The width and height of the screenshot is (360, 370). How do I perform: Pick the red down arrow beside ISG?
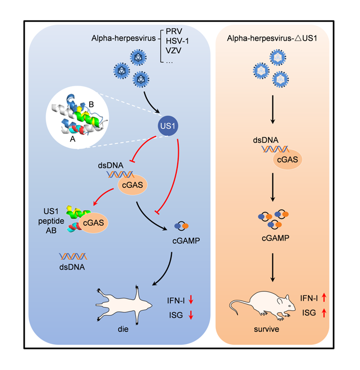coord(191,315)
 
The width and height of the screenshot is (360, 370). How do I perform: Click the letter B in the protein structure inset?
coord(91,104)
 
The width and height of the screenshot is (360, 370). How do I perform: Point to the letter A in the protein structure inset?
coord(73,141)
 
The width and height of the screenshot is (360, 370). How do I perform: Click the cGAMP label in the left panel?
coord(186,241)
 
